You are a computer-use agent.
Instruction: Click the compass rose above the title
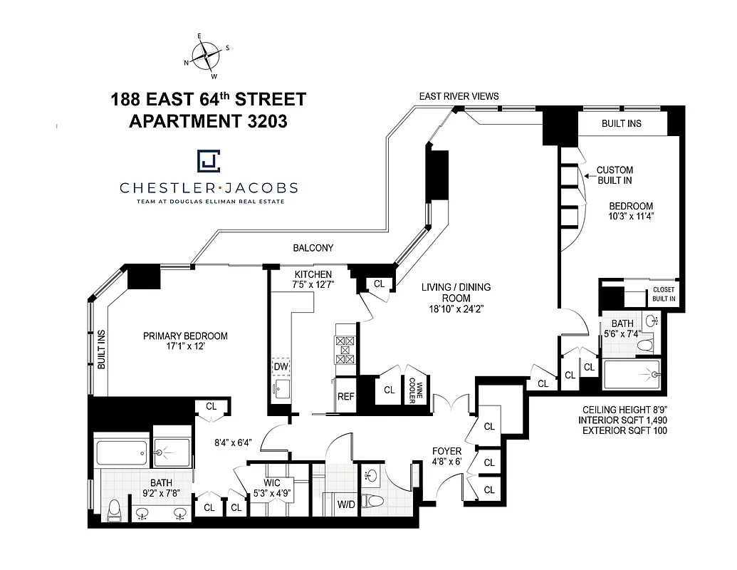point(207,55)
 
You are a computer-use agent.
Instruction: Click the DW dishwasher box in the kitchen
point(281,366)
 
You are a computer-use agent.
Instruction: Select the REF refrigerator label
point(345,397)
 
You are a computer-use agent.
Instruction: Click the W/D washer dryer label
point(346,504)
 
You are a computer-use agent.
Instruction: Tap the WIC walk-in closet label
point(272,483)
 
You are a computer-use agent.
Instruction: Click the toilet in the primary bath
point(115,509)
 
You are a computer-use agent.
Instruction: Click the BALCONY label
point(313,248)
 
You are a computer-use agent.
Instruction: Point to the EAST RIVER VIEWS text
point(459,96)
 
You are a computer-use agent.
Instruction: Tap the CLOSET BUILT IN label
point(663,294)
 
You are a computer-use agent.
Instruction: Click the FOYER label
point(447,451)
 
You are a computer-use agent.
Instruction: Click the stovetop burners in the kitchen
point(345,351)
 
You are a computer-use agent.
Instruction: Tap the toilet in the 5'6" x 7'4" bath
point(645,346)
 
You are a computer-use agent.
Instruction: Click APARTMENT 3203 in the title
point(208,121)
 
